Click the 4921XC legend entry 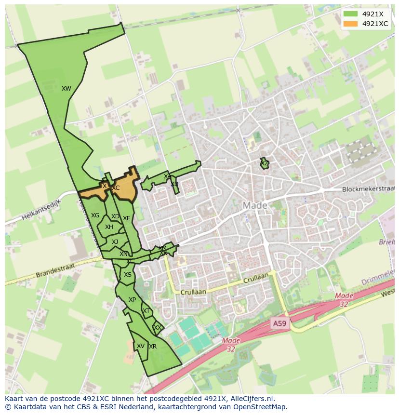point(368,24)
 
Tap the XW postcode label point(66,89)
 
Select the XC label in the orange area point(116,188)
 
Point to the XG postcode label point(95,215)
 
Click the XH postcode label point(109,227)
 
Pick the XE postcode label point(126,218)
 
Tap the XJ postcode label point(115,242)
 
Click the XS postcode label point(127,275)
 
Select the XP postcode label point(132,300)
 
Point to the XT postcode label point(146,311)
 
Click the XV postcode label point(140,346)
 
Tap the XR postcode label point(153,347)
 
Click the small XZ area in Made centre point(264,164)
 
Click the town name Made point(254,206)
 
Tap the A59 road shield point(279,323)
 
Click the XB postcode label point(174,184)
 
